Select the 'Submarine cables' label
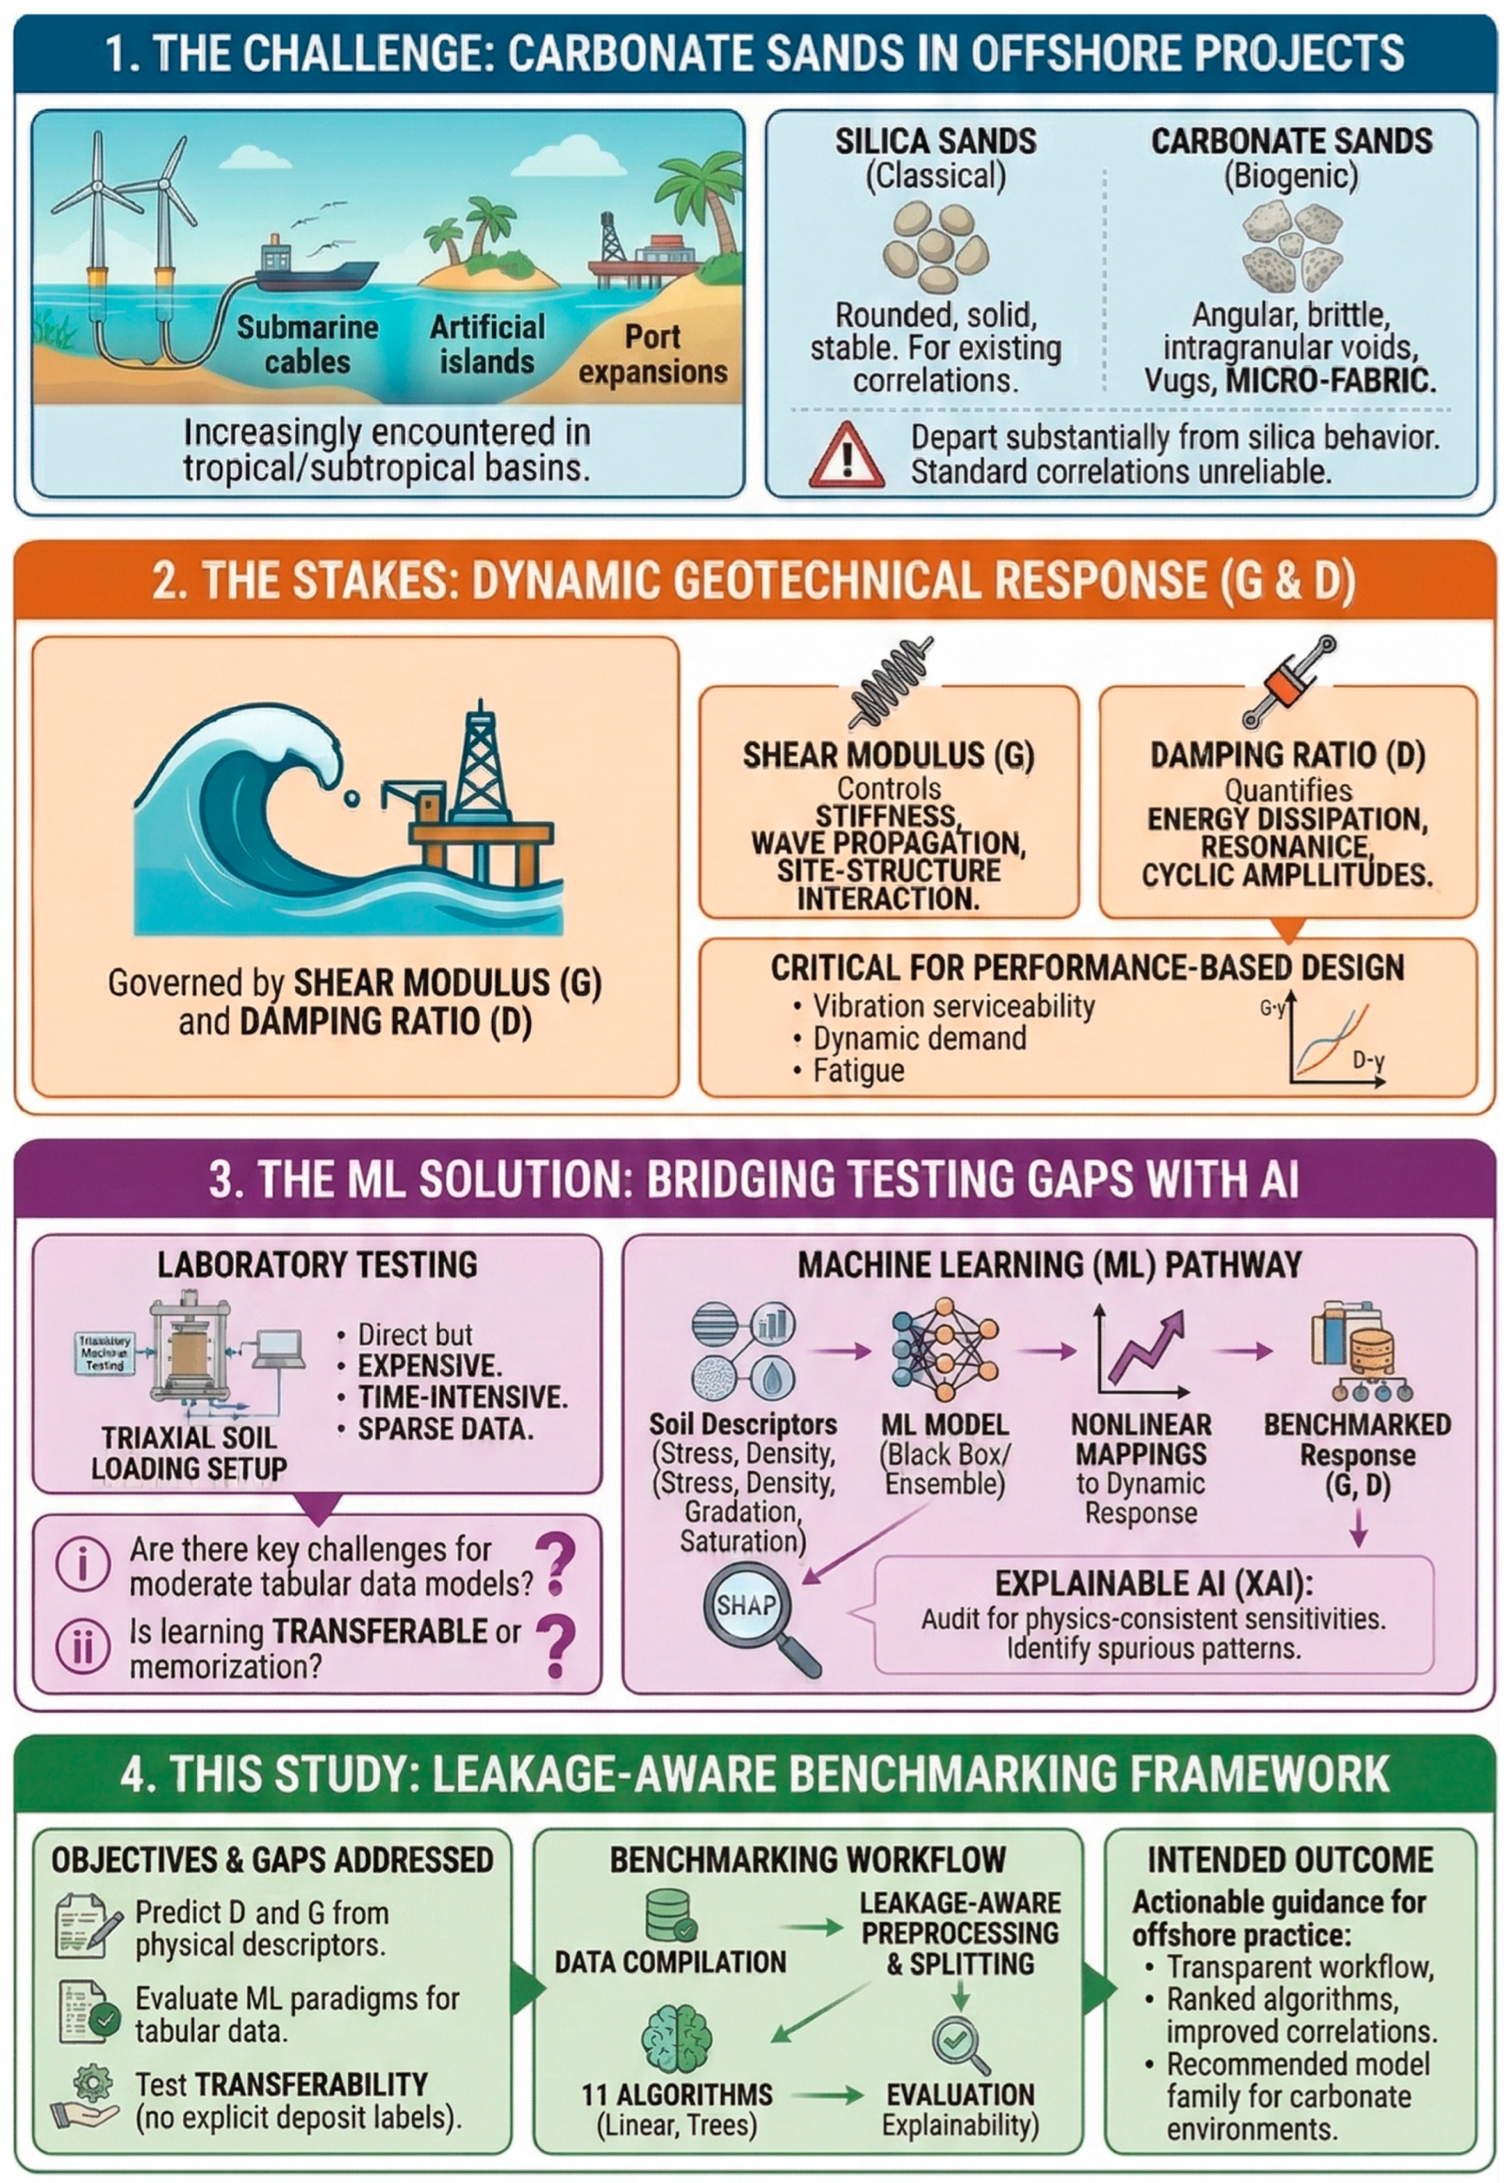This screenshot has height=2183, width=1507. tap(307, 344)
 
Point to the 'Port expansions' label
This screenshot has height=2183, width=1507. tap(653, 354)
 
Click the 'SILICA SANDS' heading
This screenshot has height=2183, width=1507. tap(935, 142)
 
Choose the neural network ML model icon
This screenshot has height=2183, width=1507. tap(943, 1350)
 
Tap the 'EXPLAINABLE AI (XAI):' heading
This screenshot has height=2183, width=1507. tap(1153, 1583)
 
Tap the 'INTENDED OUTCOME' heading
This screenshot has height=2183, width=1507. tap(1290, 1860)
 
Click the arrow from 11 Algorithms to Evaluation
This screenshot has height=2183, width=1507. tap(827, 2095)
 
